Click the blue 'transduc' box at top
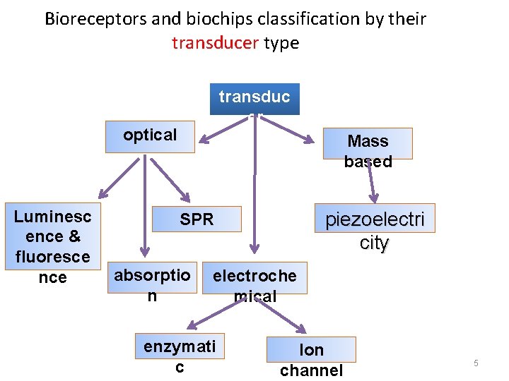(255, 99)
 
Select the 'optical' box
(150, 137)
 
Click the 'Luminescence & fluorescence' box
(52, 246)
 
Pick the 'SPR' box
(197, 219)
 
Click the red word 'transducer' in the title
(215, 43)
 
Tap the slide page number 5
(476, 363)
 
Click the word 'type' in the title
(281, 43)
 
